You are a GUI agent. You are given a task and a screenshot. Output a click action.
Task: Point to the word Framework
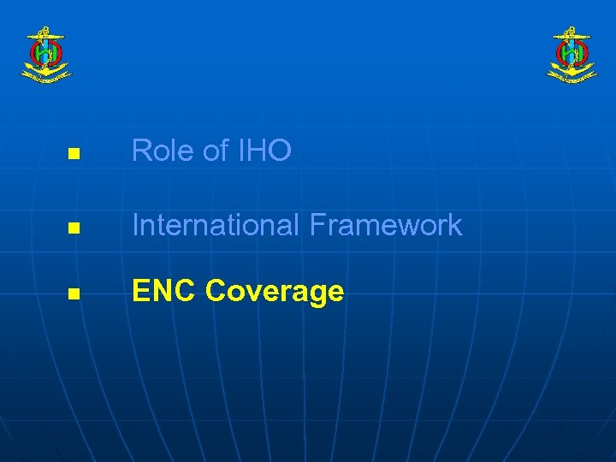pos(386,226)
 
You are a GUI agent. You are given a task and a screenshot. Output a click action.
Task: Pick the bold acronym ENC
pos(164,292)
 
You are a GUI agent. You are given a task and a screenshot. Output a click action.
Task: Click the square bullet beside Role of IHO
pos(73,155)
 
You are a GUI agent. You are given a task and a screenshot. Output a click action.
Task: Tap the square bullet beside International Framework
pos(73,228)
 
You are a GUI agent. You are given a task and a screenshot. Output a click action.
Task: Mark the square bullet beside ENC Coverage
pos(73,294)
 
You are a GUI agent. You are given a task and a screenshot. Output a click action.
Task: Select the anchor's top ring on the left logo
pos(45,29)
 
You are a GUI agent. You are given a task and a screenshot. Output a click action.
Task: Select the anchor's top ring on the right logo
pos(572,29)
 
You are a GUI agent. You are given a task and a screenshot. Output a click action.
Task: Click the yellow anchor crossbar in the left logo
pos(45,37)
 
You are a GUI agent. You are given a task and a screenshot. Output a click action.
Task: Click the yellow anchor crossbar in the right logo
pos(572,37)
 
